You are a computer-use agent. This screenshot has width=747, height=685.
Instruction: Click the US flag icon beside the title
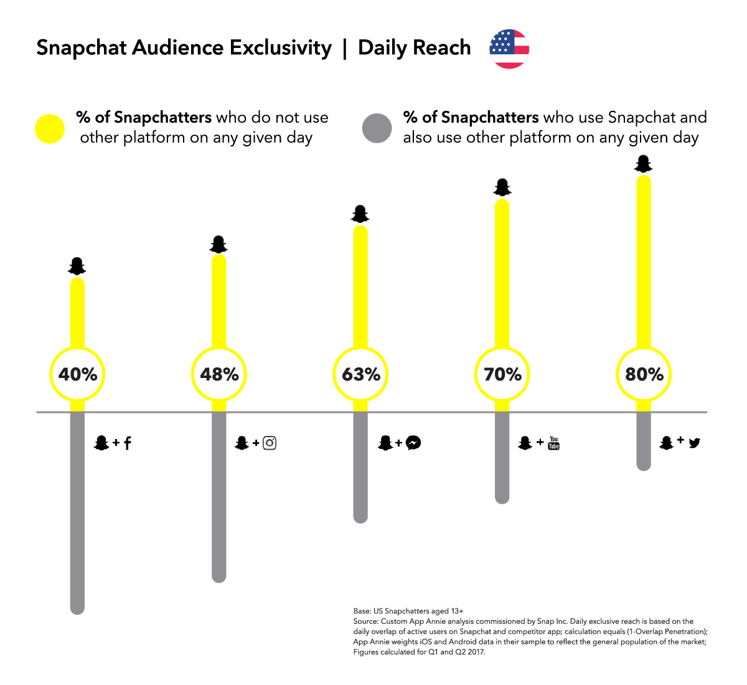(x=509, y=49)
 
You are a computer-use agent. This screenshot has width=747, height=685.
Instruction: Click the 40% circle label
(x=78, y=374)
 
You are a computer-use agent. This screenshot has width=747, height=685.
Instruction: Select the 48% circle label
(x=219, y=374)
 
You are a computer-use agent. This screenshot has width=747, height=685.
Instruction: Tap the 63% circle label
(x=361, y=374)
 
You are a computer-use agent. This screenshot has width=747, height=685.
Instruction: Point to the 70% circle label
(x=502, y=374)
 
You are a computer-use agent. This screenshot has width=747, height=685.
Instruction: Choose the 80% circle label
(x=644, y=374)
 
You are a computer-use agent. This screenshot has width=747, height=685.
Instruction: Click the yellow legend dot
(x=50, y=129)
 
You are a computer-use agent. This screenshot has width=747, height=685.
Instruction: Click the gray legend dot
(x=377, y=128)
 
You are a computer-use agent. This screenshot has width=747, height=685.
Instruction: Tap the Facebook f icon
(x=128, y=443)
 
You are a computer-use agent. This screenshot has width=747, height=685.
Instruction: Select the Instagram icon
(x=270, y=443)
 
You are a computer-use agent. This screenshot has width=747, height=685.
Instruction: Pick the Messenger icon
(x=413, y=443)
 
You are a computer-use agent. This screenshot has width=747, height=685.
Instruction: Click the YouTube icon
(x=553, y=443)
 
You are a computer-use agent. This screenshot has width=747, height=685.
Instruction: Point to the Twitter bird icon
(x=695, y=443)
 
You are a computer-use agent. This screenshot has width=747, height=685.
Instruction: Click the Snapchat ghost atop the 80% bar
(x=643, y=164)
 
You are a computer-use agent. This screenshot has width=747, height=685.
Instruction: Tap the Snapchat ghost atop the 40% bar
(x=77, y=267)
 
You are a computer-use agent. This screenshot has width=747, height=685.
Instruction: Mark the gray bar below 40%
(x=77, y=517)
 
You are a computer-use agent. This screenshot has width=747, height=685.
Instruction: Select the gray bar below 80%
(x=644, y=442)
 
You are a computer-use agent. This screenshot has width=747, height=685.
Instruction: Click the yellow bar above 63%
(x=360, y=286)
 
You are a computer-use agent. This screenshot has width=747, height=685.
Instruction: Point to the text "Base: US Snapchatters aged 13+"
(x=408, y=611)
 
